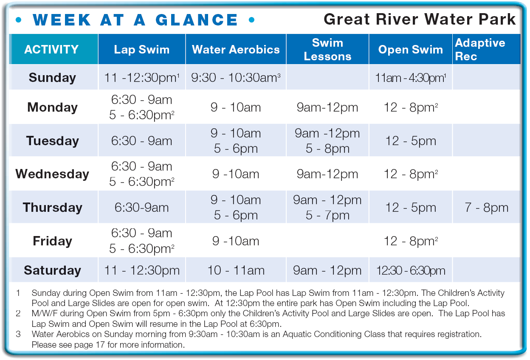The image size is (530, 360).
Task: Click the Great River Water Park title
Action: click(x=419, y=19)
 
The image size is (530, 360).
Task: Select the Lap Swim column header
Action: click(x=142, y=49)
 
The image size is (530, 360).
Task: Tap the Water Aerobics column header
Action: click(x=236, y=49)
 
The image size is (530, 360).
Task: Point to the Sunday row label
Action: click(x=52, y=78)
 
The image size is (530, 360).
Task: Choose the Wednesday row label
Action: click(x=52, y=174)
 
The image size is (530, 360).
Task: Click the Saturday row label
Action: click(x=52, y=270)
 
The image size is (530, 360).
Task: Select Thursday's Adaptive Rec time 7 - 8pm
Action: click(x=486, y=208)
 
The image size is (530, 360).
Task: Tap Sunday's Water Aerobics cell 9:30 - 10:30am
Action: click(x=236, y=78)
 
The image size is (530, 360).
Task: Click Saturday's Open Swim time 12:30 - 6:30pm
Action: click(x=411, y=270)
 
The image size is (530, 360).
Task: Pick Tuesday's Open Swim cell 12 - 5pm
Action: click(x=411, y=141)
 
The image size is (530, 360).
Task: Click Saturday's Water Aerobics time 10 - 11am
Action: click(x=236, y=270)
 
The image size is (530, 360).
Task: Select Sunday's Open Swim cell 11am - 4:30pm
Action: click(x=411, y=78)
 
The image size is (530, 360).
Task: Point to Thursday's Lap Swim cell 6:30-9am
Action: click(x=141, y=208)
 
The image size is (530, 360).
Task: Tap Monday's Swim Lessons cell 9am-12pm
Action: click(x=327, y=108)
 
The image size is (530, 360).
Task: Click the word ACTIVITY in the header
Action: click(x=51, y=49)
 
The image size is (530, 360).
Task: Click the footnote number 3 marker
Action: click(x=18, y=334)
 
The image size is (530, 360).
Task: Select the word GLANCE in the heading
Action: click(x=197, y=20)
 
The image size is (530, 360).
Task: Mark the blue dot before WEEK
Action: click(x=18, y=20)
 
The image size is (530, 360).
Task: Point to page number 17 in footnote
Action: click(x=100, y=345)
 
